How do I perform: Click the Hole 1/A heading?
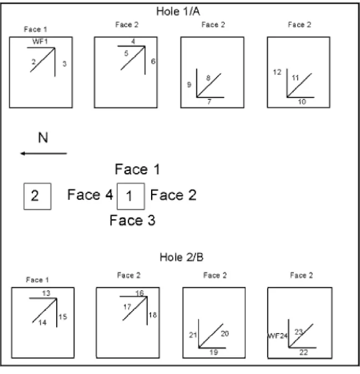(x=178, y=12)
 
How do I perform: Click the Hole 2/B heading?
(x=182, y=257)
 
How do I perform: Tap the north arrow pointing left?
(x=43, y=153)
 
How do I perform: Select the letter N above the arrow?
(x=43, y=138)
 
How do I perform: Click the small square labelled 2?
(x=37, y=196)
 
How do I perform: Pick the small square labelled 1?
(x=131, y=196)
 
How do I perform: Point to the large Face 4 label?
(x=90, y=195)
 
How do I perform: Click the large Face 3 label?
(x=132, y=220)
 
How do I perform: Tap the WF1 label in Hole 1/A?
(x=40, y=42)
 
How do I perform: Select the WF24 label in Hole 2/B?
(x=277, y=336)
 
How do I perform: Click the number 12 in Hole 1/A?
(x=277, y=72)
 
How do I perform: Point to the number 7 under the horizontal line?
(x=209, y=102)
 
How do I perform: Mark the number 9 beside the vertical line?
(x=189, y=84)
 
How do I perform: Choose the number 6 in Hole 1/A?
(x=153, y=61)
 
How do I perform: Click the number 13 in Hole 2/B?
(x=46, y=293)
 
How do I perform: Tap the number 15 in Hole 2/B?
(x=63, y=317)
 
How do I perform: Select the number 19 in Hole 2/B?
(x=214, y=352)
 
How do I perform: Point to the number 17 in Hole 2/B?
(x=127, y=307)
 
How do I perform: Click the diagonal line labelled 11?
(x=299, y=85)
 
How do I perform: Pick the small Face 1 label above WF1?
(x=36, y=29)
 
